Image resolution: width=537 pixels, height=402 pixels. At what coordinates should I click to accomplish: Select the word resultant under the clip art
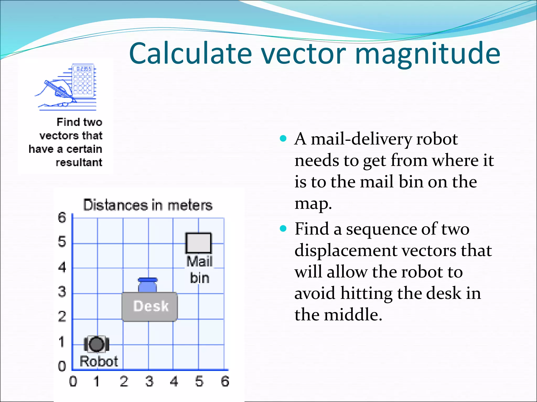point(79,163)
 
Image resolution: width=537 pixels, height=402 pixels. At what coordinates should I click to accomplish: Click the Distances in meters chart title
point(148,205)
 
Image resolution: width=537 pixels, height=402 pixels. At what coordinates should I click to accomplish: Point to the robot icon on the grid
point(96,344)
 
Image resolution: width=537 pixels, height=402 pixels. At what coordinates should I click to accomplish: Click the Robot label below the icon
point(99,361)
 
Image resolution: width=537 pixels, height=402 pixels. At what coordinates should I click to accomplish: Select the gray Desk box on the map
point(150,306)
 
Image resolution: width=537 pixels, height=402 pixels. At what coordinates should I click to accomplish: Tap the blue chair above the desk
point(148,285)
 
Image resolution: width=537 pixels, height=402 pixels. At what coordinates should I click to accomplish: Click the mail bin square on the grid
point(198,243)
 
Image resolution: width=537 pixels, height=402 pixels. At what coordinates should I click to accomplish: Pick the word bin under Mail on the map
point(200,278)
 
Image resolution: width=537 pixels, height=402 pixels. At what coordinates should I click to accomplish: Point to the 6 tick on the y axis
point(62,217)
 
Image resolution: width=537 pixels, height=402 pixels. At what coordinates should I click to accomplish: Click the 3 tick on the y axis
point(62,292)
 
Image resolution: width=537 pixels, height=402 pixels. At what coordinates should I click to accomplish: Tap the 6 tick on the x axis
point(225,381)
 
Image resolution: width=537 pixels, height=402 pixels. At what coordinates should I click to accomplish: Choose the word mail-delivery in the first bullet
point(361,139)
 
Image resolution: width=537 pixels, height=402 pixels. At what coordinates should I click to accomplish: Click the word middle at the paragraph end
point(353,315)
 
